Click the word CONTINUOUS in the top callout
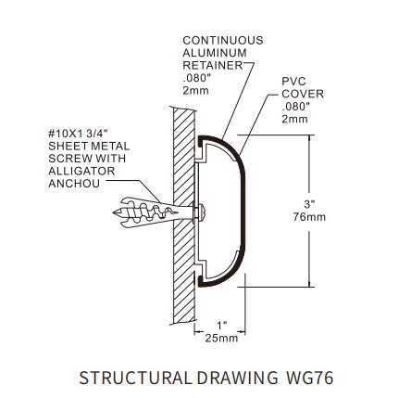pos(223,41)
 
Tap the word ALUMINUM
pos(215,53)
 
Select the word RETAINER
pos(213,66)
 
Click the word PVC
pos(293,82)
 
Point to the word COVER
pos(303,94)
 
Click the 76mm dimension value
pos(309,217)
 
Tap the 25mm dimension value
pos(221,338)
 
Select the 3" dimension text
pos(309,204)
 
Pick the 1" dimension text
pos(221,326)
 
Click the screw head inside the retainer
pos(200,212)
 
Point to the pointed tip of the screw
pos(114,212)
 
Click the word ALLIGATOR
pos(81,171)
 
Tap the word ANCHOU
pos(74,184)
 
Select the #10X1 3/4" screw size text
pos(79,134)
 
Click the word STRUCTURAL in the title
pos(135,378)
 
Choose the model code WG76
pos(310,378)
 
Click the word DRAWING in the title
pos(237,378)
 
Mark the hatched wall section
pos(184,215)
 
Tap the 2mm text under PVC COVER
pos(294,119)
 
